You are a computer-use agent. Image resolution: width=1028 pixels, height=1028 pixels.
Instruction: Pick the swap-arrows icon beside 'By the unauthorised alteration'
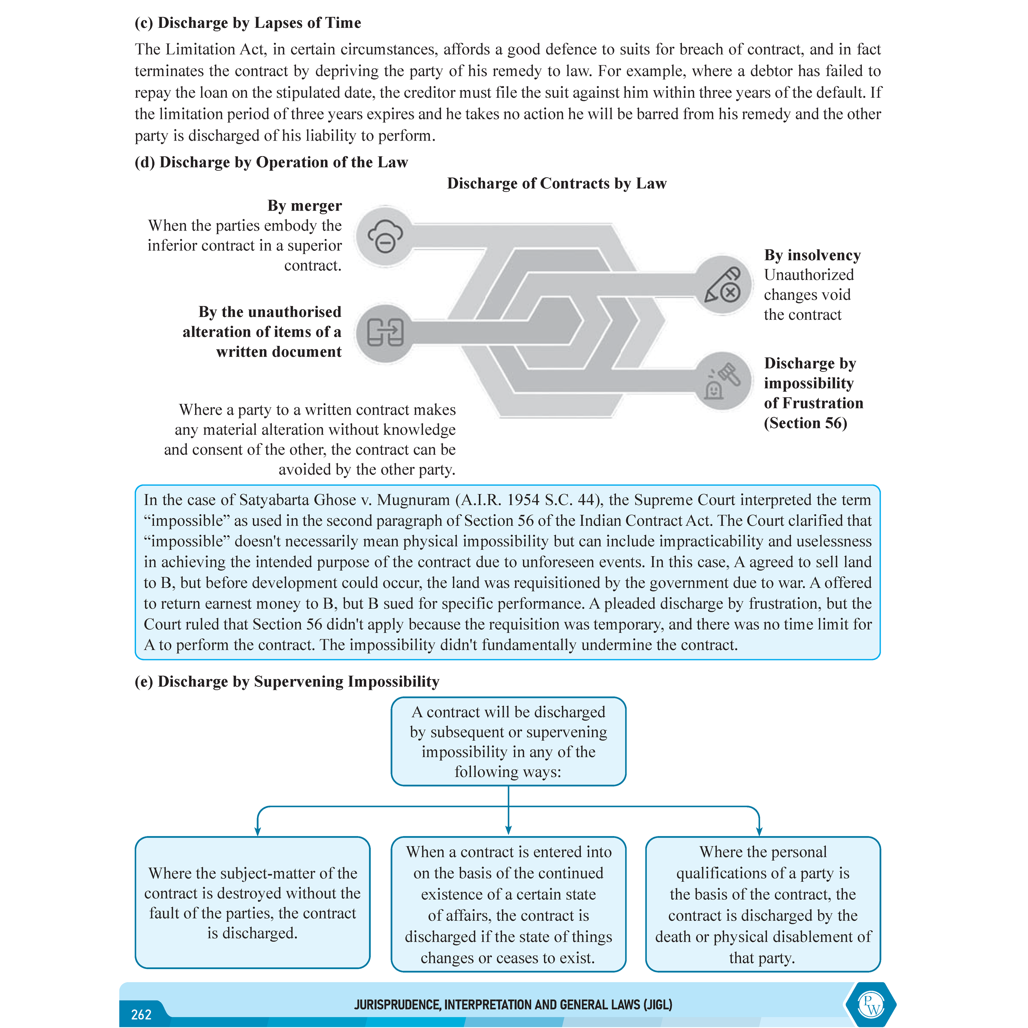pos(385,333)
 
